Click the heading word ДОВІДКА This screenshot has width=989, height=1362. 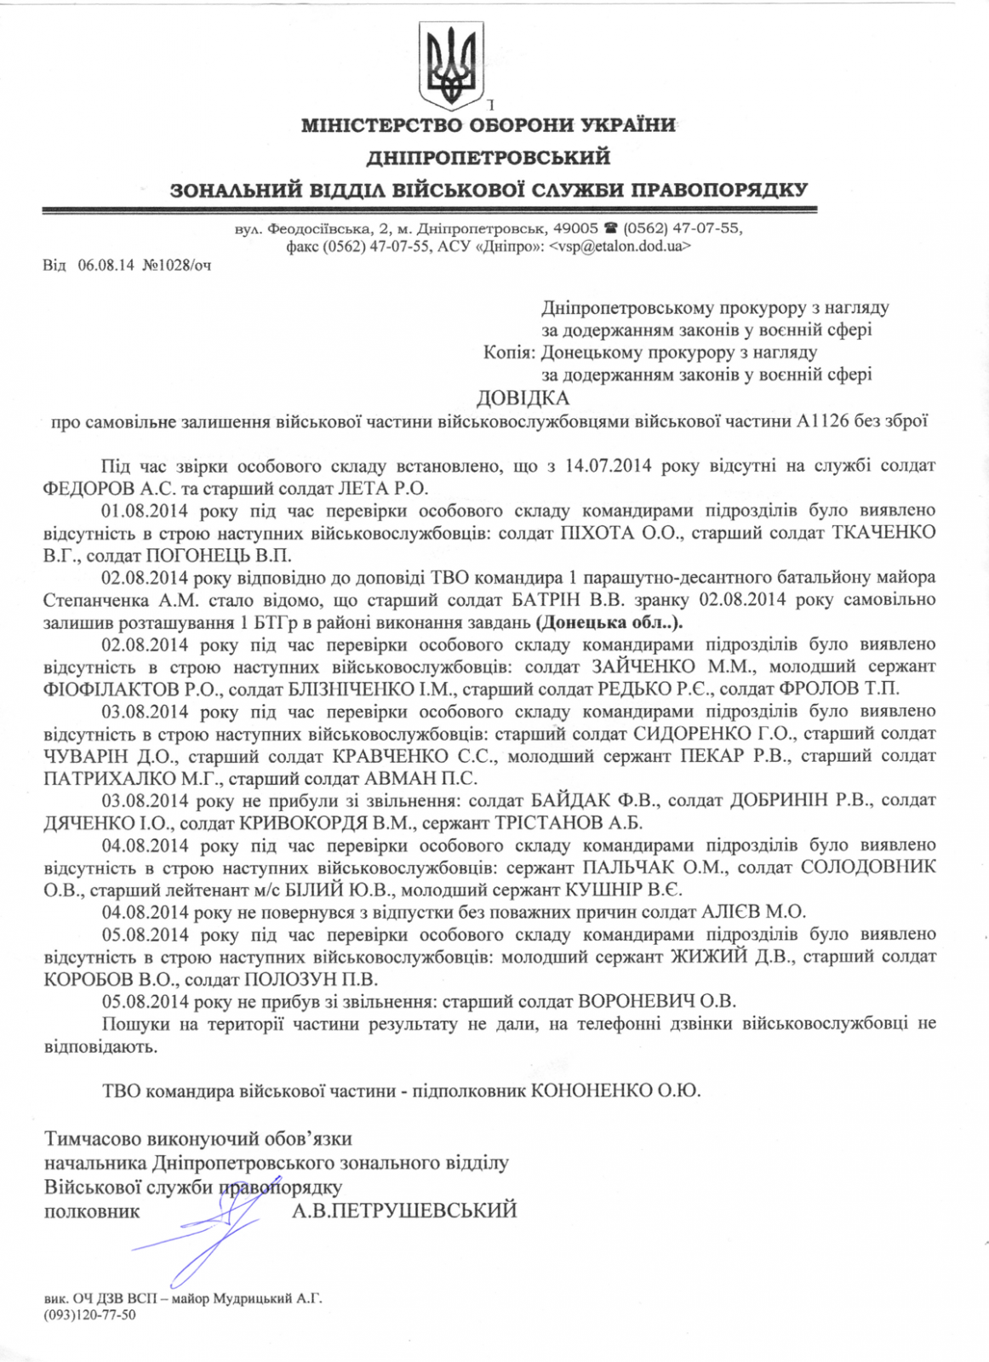(523, 398)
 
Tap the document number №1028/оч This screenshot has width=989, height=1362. (177, 265)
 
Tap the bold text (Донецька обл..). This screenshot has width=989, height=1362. (610, 622)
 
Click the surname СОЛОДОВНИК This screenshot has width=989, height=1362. (867, 867)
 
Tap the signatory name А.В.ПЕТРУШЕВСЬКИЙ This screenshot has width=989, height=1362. (404, 1210)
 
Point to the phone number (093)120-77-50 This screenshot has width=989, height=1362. (89, 1315)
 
